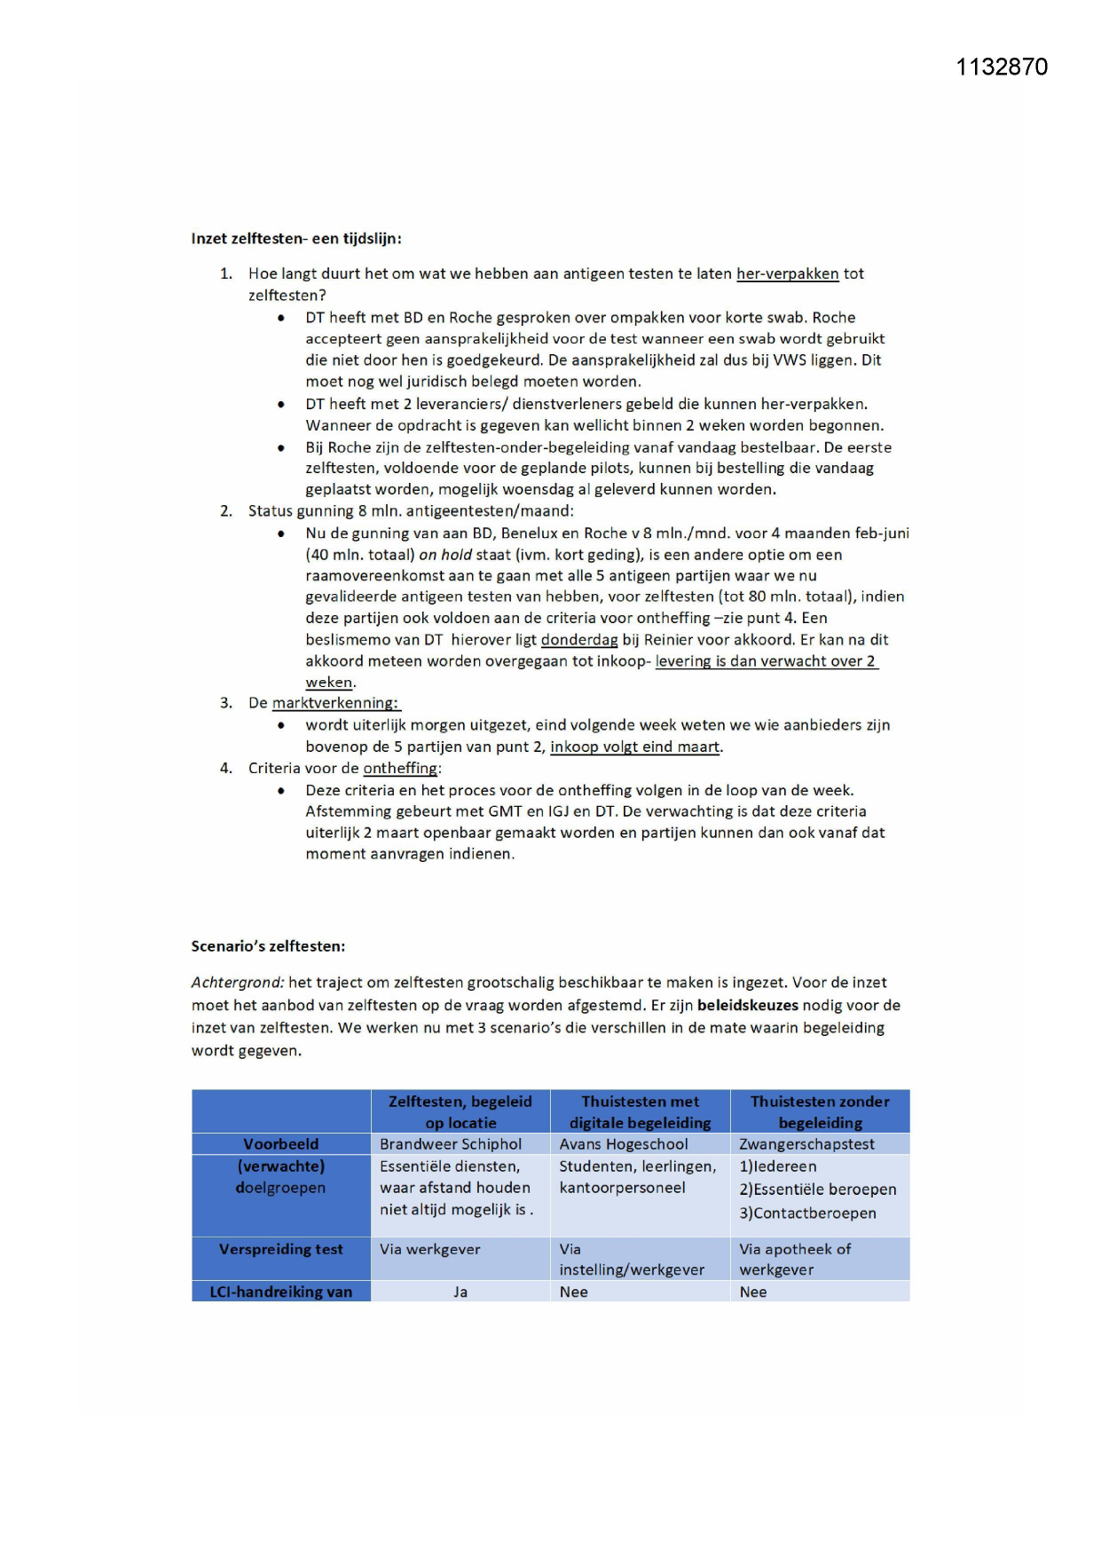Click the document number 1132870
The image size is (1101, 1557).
tap(1001, 67)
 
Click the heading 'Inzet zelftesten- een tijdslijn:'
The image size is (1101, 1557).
tap(296, 239)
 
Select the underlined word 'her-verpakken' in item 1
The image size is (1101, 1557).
tap(787, 274)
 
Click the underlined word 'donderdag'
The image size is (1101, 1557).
tap(578, 640)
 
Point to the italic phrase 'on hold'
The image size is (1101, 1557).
tap(444, 555)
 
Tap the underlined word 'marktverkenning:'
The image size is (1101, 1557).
tap(335, 703)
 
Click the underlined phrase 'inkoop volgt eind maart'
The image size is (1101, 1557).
tap(634, 747)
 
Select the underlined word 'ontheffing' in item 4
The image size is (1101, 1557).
tap(400, 769)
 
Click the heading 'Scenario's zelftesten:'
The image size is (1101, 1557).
tap(268, 946)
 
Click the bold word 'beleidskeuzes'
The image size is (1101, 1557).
tap(747, 1006)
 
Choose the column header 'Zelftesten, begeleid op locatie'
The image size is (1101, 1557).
tap(460, 1111)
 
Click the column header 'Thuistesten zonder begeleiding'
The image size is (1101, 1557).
tap(819, 1111)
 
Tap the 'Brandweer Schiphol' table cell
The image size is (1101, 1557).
tap(451, 1144)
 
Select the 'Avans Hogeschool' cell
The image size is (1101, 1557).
tap(623, 1144)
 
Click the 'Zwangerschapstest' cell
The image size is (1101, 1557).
tap(806, 1144)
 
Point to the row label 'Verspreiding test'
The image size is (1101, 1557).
tap(280, 1249)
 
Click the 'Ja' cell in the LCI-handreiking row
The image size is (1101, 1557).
tap(460, 1292)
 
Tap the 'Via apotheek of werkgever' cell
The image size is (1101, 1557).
tap(794, 1259)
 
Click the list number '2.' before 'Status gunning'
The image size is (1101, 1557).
tap(226, 511)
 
